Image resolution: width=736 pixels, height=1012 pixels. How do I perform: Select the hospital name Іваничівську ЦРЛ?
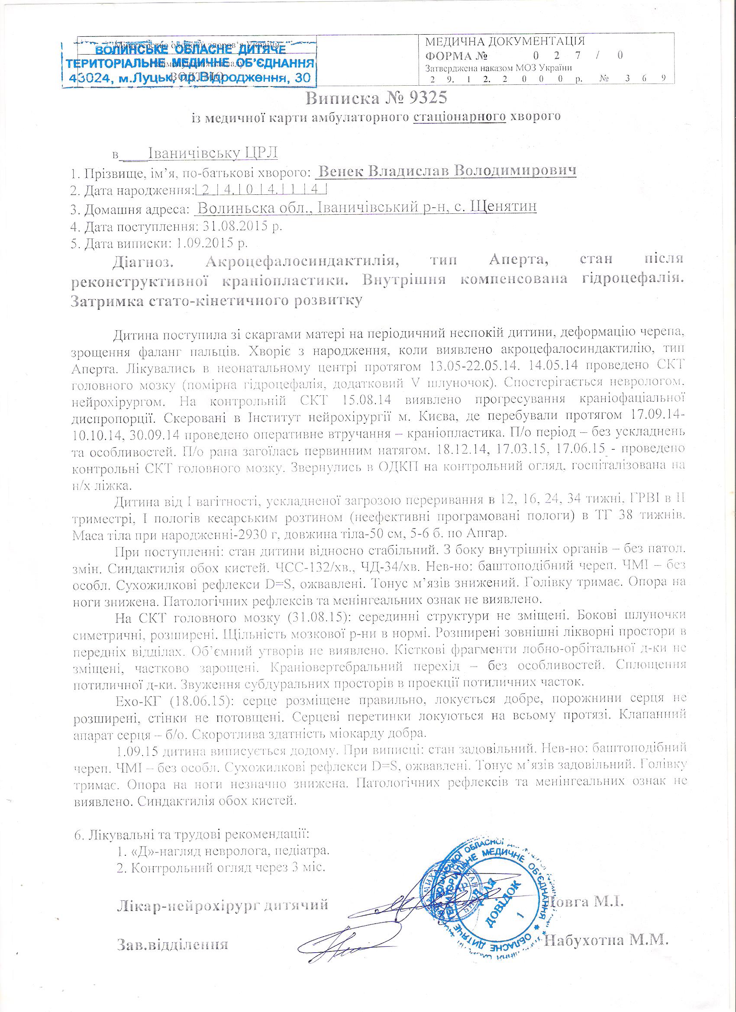point(213,153)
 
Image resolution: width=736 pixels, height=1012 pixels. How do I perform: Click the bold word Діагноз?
point(142,262)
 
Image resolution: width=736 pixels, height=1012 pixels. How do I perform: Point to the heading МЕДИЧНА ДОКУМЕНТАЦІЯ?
point(505,42)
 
